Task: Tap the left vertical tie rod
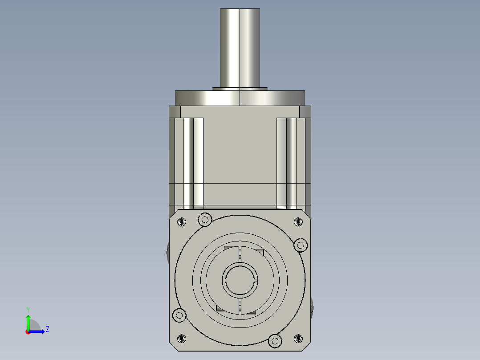click(193, 163)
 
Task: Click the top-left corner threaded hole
click(181, 221)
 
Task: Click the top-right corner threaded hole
click(298, 221)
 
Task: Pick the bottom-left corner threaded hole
click(181, 339)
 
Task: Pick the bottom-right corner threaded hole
click(298, 339)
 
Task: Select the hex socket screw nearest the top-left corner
click(204, 219)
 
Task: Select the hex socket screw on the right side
click(301, 245)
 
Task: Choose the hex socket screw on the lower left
click(179, 315)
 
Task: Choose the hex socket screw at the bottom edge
click(275, 341)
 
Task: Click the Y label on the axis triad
click(28, 309)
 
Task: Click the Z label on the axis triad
click(47, 329)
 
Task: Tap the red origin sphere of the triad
click(28, 332)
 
